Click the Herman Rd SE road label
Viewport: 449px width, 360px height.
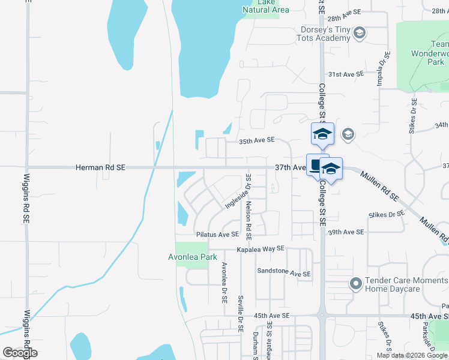click(x=100, y=169)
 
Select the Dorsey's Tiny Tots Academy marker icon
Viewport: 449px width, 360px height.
click(x=360, y=32)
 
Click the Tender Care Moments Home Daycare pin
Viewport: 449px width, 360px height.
click(x=355, y=283)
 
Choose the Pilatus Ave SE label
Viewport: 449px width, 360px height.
click(x=217, y=235)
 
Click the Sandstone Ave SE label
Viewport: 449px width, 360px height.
click(x=284, y=272)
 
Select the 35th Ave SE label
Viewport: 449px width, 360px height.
click(x=256, y=140)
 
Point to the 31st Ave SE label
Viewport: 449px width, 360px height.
click(x=346, y=74)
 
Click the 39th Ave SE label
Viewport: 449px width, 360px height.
click(x=346, y=232)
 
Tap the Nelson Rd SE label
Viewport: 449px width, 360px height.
click(x=249, y=205)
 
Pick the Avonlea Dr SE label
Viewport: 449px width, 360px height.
click(x=224, y=281)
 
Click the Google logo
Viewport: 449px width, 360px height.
click(x=20, y=353)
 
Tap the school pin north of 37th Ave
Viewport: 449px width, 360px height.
click(x=322, y=133)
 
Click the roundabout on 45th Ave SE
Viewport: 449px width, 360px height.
click(x=322, y=315)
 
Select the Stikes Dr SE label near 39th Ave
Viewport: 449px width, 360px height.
click(x=387, y=214)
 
